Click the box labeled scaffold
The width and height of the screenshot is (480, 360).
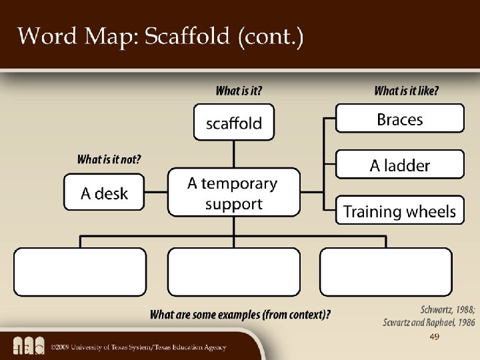(233, 122)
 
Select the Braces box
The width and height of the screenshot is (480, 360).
(399, 119)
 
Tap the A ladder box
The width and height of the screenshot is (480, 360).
(399, 165)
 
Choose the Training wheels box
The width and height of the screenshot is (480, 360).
(399, 211)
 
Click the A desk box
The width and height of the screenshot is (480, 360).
(103, 193)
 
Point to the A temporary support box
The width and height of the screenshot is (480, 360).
(233, 193)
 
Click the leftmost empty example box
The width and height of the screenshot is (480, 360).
(80, 272)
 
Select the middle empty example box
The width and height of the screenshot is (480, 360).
(233, 272)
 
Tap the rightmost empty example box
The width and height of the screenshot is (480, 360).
(385, 272)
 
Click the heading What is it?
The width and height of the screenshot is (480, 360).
(239, 91)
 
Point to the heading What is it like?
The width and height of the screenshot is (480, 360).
(407, 91)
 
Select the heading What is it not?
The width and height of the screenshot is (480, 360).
(109, 159)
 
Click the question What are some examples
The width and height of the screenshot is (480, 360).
(240, 314)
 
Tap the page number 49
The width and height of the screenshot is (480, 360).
(435, 338)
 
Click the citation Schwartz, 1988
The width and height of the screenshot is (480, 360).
(447, 309)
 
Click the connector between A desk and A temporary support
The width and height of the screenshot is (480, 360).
(155, 193)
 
